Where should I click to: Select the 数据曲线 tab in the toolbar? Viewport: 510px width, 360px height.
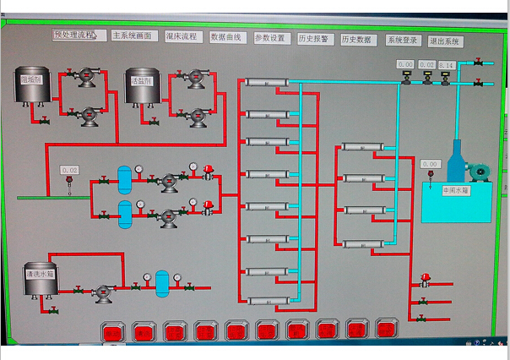click(225, 37)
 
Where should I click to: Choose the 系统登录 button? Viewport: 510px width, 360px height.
click(403, 40)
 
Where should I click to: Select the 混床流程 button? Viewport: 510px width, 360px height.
click(181, 36)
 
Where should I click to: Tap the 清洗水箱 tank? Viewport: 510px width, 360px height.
click(39, 279)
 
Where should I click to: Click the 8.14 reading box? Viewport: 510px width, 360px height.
click(447, 65)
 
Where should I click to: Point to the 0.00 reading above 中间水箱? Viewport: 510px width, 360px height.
click(430, 164)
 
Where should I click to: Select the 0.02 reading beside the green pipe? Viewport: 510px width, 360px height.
click(69, 171)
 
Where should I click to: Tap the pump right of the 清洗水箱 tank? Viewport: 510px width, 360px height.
click(103, 293)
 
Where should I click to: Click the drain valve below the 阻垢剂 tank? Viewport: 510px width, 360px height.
click(44, 121)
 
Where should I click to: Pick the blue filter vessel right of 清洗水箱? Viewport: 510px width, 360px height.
click(162, 282)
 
